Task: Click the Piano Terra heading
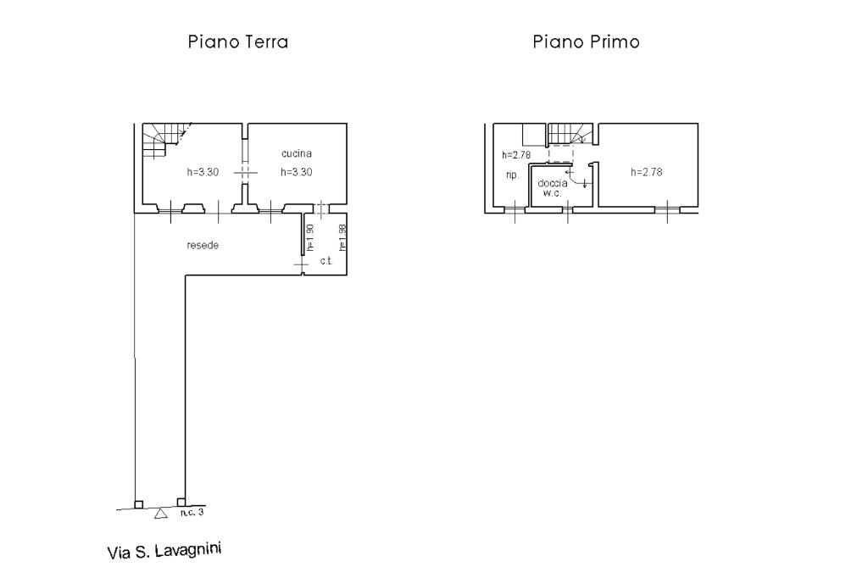(x=238, y=42)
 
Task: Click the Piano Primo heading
(x=587, y=42)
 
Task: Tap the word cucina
(x=297, y=153)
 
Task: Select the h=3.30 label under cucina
(x=296, y=172)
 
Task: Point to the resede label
(x=203, y=245)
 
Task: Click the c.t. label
(x=326, y=261)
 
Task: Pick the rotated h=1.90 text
(x=310, y=237)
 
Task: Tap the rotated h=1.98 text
(x=342, y=237)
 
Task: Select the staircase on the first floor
(x=570, y=133)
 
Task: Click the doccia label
(x=553, y=183)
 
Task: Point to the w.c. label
(x=553, y=193)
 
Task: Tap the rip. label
(x=513, y=175)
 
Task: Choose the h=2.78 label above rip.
(x=516, y=155)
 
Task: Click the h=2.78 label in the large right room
(x=647, y=172)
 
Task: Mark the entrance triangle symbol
(x=160, y=514)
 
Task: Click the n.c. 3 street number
(x=192, y=513)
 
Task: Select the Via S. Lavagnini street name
(x=164, y=551)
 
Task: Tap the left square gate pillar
(x=139, y=504)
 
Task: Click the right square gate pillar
(x=181, y=503)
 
